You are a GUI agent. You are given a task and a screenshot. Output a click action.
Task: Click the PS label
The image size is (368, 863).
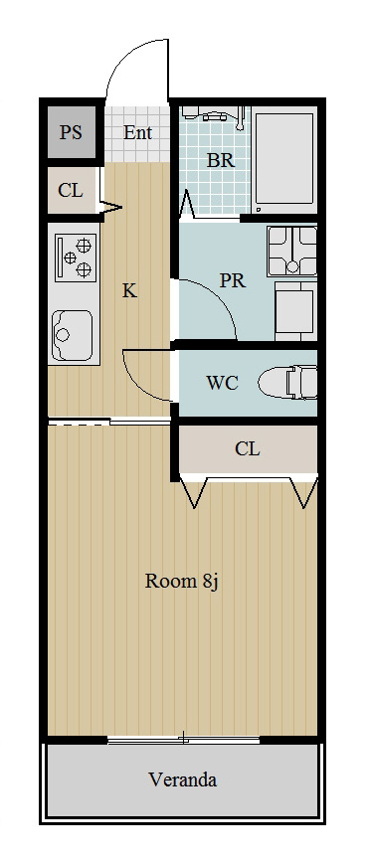pos(71,132)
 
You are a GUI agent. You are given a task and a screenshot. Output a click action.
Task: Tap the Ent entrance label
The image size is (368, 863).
pos(137,132)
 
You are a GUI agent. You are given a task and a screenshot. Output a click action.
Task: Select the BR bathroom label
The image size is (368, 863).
pos(221,161)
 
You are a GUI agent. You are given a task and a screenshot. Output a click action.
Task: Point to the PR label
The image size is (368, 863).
pos(232,280)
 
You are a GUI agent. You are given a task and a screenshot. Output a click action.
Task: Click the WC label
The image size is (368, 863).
pos(222,383)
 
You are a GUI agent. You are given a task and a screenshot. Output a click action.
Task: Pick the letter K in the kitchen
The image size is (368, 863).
pos(129,290)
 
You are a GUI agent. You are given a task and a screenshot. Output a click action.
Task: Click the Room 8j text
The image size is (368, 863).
pos(182,581)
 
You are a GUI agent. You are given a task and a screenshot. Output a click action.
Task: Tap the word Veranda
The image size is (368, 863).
pos(182,779)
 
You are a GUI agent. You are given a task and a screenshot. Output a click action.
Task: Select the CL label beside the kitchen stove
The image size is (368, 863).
pos(71,191)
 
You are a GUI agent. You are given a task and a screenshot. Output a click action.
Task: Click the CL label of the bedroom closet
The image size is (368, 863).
pos(248,448)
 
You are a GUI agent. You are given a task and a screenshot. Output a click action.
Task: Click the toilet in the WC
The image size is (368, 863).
pos(287,382)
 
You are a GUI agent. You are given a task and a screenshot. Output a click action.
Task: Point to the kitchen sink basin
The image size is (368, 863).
pos(73,335)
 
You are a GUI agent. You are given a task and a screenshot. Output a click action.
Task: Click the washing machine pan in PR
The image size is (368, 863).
pos(292,251)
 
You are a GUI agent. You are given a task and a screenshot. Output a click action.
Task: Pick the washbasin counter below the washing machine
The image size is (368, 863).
pos(295,311)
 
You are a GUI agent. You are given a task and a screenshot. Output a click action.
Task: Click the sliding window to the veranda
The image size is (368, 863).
pos(183,739)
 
